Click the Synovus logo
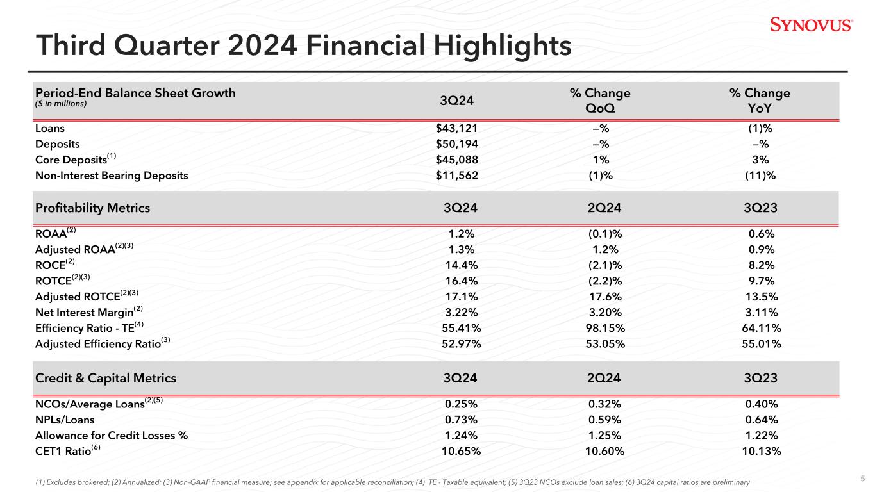(x=811, y=25)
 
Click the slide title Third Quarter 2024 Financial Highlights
(x=304, y=45)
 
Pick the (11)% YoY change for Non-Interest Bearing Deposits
(x=760, y=176)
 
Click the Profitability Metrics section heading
(x=92, y=208)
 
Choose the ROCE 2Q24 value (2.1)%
(x=599, y=265)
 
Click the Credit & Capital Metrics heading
(x=106, y=378)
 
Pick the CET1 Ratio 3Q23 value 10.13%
(x=760, y=451)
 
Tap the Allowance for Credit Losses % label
(x=111, y=436)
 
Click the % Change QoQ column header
(x=599, y=101)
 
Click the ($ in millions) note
(x=61, y=104)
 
